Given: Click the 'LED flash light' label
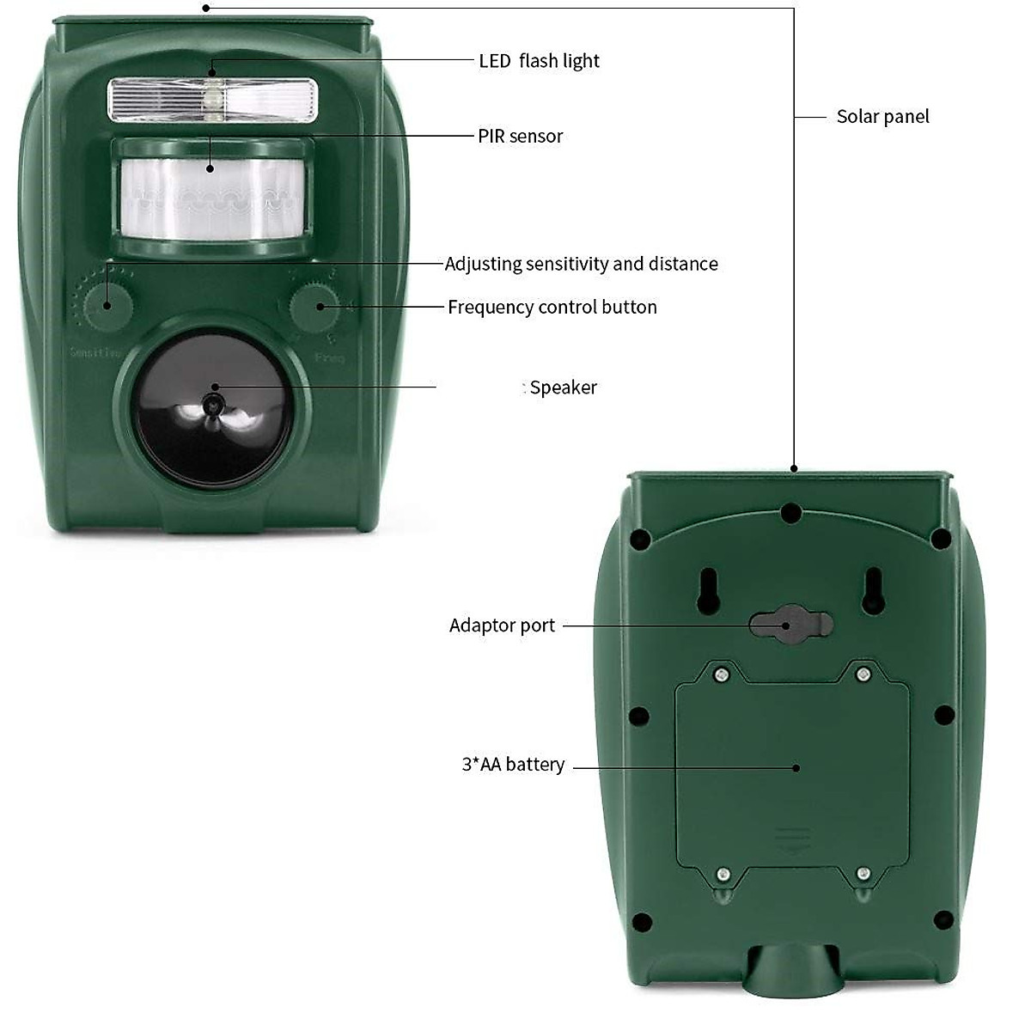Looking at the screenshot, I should [539, 61].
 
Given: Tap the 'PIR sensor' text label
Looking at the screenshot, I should [520, 136].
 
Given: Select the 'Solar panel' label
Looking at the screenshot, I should [882, 117].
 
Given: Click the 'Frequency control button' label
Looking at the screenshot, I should [552, 307].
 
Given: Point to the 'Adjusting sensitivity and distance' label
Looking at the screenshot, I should [581, 264].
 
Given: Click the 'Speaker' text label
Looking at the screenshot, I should [563, 387].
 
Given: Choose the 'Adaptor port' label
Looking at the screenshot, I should [502, 625].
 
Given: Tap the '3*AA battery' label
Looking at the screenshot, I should [513, 765].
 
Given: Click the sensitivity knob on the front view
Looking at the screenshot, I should [107, 305].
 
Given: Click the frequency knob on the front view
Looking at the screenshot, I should [314, 307].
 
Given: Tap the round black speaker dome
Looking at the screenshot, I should [212, 406].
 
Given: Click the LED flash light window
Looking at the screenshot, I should [212, 99].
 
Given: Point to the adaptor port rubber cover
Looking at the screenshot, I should [790, 625].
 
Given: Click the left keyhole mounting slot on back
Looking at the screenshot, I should [708, 591].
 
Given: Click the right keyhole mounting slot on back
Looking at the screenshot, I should [874, 591].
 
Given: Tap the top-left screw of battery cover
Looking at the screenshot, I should [722, 675].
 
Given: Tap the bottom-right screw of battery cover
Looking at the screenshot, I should [863, 875].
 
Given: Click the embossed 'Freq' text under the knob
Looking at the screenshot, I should [329, 357].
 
